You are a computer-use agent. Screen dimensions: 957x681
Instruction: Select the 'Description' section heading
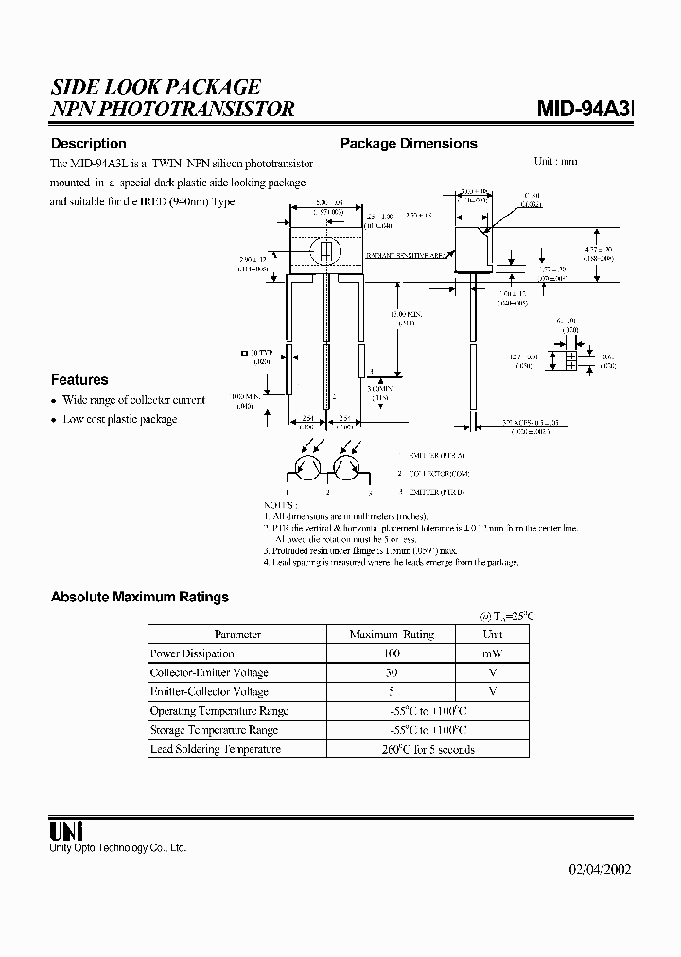88,144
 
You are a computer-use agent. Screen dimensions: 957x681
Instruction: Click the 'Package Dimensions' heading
409,144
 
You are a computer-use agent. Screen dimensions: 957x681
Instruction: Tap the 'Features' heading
79,379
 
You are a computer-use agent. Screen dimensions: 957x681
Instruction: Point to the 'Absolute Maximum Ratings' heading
139,597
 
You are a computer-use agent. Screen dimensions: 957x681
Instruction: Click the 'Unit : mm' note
555,161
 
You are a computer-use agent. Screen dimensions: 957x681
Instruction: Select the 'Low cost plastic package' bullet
119,419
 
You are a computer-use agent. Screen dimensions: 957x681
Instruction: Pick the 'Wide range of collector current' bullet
133,400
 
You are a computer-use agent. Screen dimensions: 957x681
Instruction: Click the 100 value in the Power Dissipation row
392,653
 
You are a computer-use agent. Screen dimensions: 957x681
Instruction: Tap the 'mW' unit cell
492,653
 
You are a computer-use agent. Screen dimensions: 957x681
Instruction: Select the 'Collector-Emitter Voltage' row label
209,672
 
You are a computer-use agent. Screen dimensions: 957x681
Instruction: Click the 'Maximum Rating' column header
392,635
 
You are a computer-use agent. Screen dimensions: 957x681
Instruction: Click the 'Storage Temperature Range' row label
214,730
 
